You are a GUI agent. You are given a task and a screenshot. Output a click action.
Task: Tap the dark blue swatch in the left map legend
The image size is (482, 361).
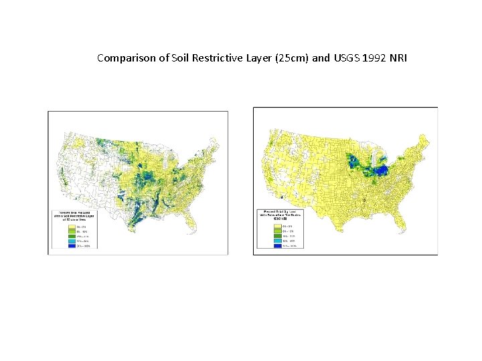click(x=71, y=246)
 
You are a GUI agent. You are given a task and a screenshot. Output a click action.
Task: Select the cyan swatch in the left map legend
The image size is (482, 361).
click(x=71, y=241)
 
